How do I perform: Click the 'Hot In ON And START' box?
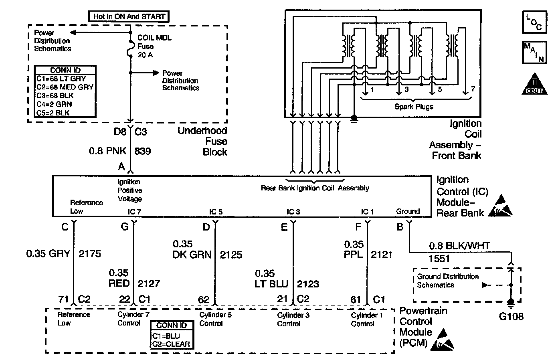pyautogui.click(x=128, y=16)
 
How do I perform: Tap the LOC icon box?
pyautogui.click(x=534, y=22)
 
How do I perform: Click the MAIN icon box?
pyautogui.click(x=534, y=53)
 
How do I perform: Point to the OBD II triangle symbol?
pyautogui.click(x=534, y=85)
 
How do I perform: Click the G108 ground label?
pyautogui.click(x=511, y=316)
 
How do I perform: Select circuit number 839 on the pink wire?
pyautogui.click(x=143, y=151)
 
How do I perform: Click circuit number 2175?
pyautogui.click(x=90, y=253)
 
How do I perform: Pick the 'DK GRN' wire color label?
pyautogui.click(x=192, y=255)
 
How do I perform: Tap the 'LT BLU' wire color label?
pyautogui.click(x=272, y=284)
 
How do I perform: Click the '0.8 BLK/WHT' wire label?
pyautogui.click(x=459, y=245)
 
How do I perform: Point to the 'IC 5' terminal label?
pyautogui.click(x=216, y=212)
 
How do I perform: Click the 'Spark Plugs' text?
pyautogui.click(x=414, y=107)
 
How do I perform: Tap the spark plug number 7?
pyautogui.click(x=473, y=89)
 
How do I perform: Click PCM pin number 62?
pyautogui.click(x=204, y=299)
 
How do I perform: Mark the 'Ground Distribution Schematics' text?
pyautogui.click(x=447, y=281)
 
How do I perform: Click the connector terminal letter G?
pyautogui.click(x=125, y=227)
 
